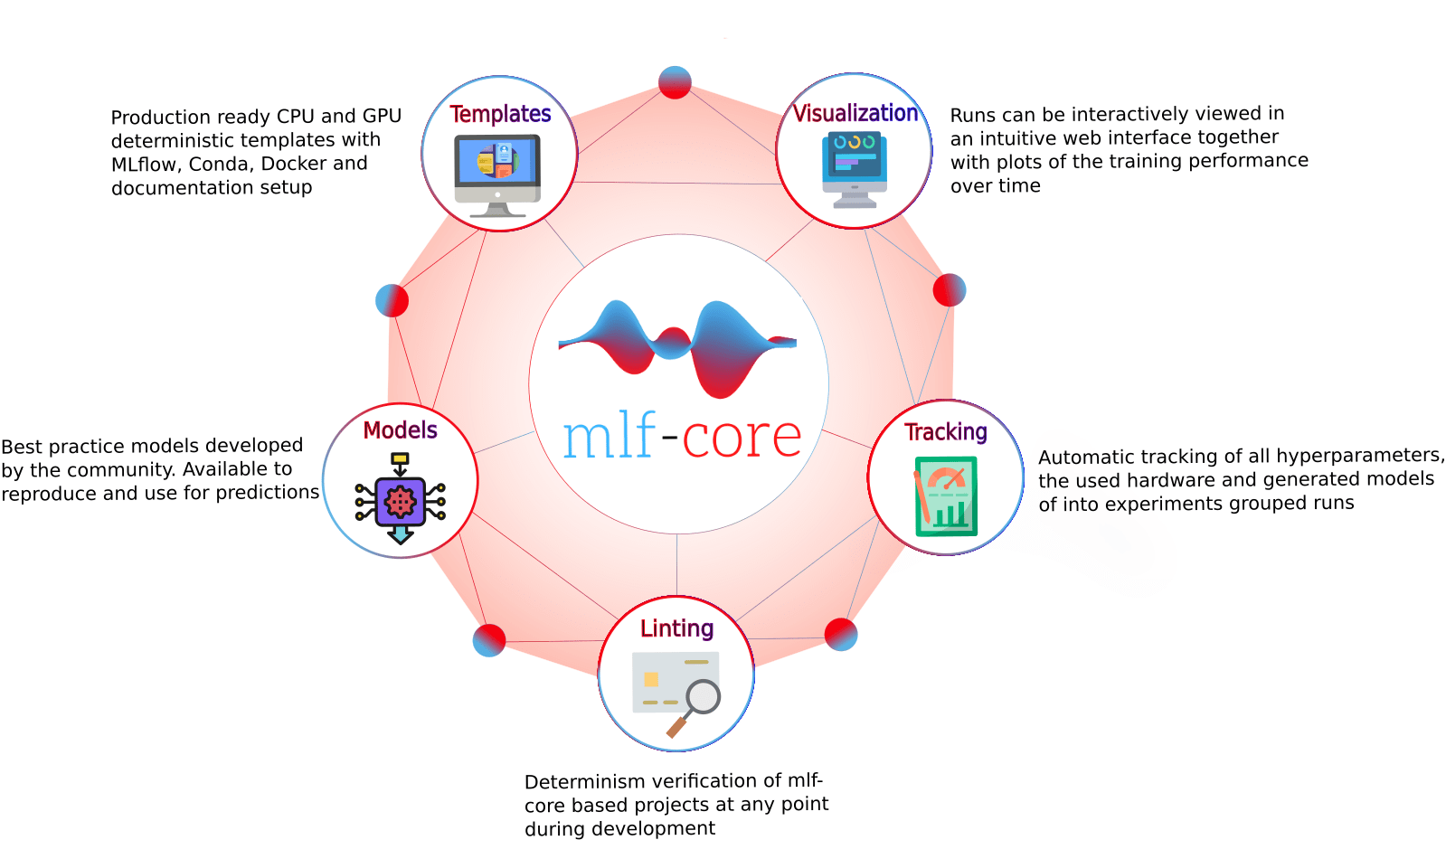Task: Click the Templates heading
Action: tap(500, 114)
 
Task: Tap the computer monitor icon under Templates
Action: tap(497, 174)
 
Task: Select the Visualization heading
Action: tap(855, 113)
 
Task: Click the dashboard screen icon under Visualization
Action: tap(855, 168)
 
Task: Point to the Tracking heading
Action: tap(946, 432)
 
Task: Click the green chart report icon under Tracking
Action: tap(946, 496)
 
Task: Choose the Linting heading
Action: tap(676, 628)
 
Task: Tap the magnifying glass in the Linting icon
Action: tap(702, 697)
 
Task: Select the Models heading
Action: tap(401, 430)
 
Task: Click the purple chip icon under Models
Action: tap(401, 501)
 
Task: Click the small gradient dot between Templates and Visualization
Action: tap(675, 82)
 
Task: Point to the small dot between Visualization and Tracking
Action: tap(950, 290)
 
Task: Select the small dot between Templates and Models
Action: tap(392, 300)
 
